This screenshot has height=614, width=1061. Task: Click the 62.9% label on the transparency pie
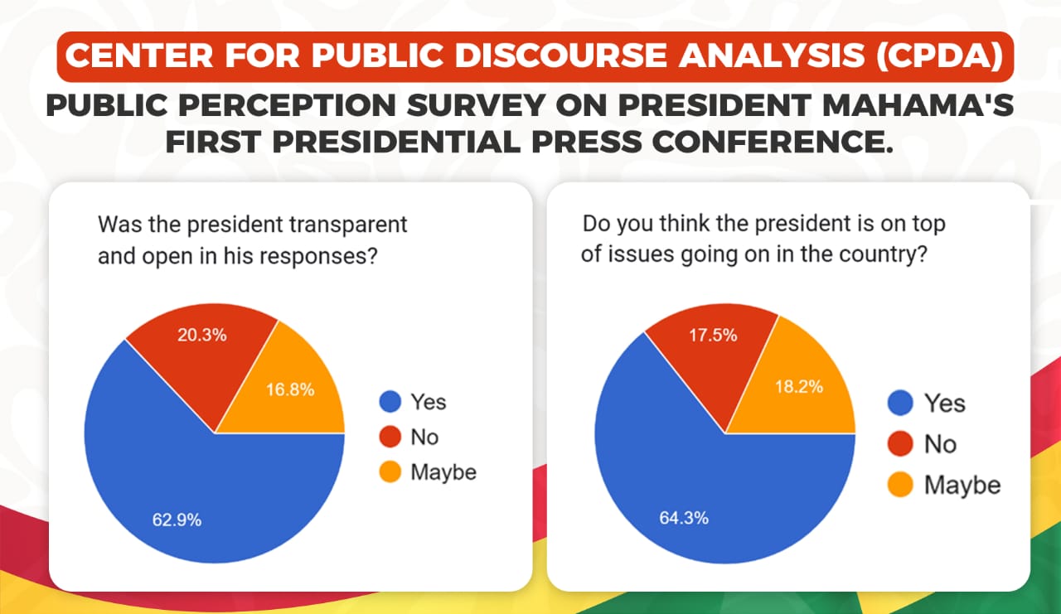coord(176,520)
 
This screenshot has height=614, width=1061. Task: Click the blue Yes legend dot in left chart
coord(390,403)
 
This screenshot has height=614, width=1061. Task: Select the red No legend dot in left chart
coord(390,438)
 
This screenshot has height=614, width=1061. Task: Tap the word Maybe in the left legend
coord(443,472)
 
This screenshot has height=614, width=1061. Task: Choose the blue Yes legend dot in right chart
coord(900,404)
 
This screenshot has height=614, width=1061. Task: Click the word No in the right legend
coord(940,445)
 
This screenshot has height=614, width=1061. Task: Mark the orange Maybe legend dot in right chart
coord(900,485)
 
